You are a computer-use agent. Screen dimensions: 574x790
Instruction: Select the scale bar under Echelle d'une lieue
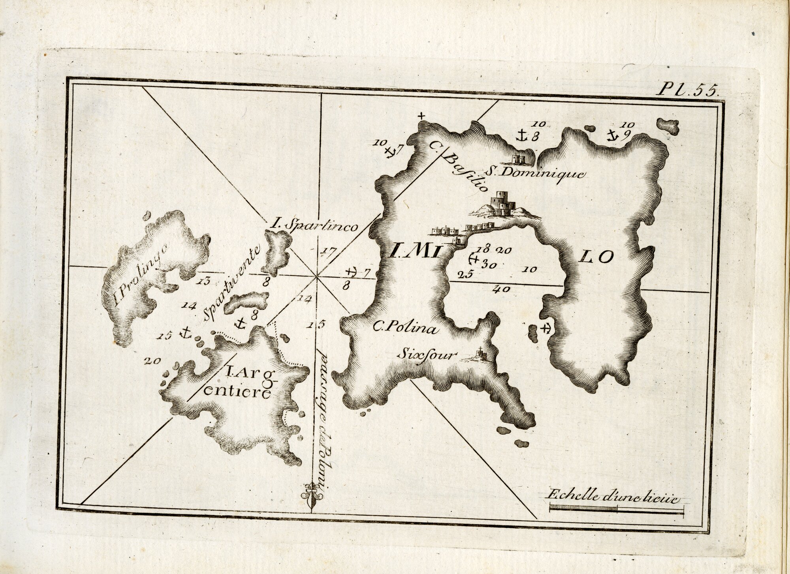[x=616, y=511]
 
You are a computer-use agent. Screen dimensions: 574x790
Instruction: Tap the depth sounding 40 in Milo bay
[x=502, y=289]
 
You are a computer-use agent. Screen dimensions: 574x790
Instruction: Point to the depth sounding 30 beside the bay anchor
[x=489, y=265]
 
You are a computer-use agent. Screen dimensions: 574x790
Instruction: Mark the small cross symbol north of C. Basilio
[x=422, y=116]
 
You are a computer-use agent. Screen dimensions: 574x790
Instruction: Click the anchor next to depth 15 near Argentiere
[x=184, y=333]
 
